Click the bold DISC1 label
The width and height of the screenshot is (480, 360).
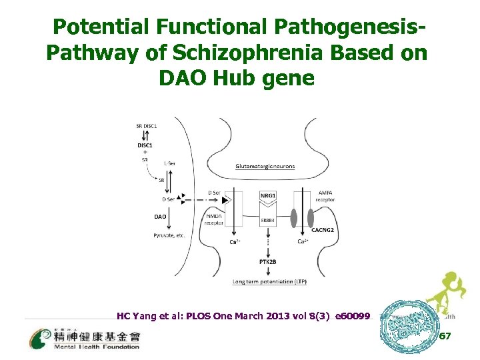145,145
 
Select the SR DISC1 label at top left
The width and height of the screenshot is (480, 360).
146,126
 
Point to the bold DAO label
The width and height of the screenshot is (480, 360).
160,217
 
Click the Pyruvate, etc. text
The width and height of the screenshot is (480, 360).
170,236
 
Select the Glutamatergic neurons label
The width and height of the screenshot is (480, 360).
265,166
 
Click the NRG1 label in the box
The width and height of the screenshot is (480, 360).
267,196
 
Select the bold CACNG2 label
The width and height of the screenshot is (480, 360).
322,230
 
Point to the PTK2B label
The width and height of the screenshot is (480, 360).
268,262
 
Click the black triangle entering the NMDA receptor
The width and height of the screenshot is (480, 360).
225,199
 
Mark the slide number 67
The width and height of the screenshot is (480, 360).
445,337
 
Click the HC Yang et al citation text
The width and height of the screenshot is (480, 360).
243,316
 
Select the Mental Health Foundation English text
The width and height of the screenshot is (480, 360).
98,347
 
